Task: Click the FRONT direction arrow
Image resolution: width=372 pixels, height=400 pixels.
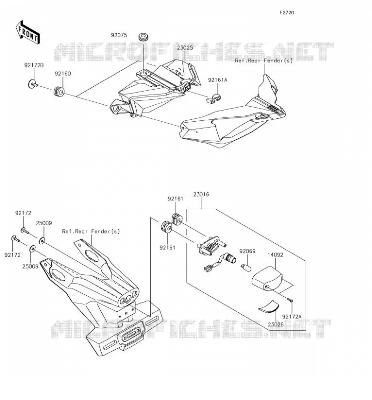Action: coord(27,33)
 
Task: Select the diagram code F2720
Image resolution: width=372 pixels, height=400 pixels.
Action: coord(287,13)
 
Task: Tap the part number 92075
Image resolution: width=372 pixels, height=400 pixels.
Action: coord(119,35)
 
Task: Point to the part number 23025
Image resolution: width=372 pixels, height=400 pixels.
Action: coord(185,48)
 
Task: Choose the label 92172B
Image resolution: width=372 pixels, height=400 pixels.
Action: coord(34,65)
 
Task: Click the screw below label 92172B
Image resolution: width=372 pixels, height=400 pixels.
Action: coord(33,84)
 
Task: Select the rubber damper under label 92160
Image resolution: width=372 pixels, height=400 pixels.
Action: coord(59,92)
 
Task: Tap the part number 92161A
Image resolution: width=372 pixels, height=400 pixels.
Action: coord(218,80)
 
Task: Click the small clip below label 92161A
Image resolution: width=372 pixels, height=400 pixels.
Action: coord(213,98)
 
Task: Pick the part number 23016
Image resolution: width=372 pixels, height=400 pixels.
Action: coord(201,194)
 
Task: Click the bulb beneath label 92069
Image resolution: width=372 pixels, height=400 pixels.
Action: coord(246,268)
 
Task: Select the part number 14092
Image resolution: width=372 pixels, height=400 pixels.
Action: coord(275,255)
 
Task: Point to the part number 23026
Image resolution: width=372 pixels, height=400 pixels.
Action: coord(276,324)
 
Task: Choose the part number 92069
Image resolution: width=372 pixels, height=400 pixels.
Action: coord(247,251)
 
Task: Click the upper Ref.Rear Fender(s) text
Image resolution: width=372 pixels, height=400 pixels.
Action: coord(264,60)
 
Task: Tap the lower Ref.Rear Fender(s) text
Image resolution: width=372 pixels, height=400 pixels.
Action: coord(91,231)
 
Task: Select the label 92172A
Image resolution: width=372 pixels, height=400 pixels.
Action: coord(292,317)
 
